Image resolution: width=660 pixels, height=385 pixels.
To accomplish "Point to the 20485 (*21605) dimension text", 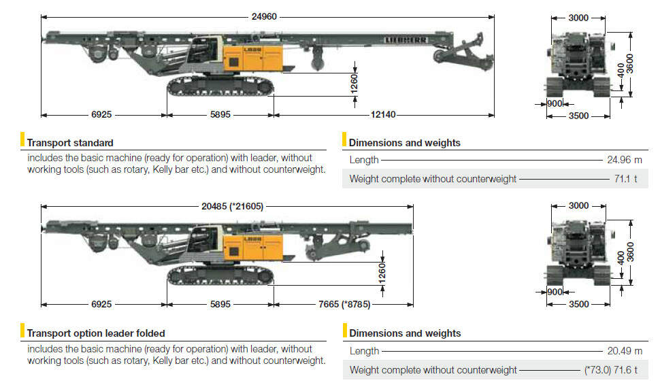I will pyautogui.click(x=227, y=205).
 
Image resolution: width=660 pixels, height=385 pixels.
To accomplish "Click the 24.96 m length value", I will pyautogui.click(x=624, y=161).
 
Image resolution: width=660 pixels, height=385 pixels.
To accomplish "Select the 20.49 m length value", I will pyautogui.click(x=624, y=351).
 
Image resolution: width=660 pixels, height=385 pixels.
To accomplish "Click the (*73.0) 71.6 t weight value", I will pyautogui.click(x=613, y=369).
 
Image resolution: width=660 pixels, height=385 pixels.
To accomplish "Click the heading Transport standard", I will pyautogui.click(x=70, y=143).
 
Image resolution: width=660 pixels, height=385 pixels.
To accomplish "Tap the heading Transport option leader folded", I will pyautogui.click(x=96, y=333).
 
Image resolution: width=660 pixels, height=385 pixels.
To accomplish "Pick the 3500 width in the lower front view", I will pyautogui.click(x=578, y=304).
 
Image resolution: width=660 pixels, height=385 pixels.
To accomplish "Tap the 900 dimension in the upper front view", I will pyautogui.click(x=555, y=103).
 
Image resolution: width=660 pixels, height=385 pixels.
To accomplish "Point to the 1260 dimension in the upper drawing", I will pyautogui.click(x=354, y=82).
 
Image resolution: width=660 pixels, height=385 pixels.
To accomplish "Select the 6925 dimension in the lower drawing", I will pyautogui.click(x=101, y=304).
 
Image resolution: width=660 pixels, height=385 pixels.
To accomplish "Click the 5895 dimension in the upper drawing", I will pyautogui.click(x=220, y=115).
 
